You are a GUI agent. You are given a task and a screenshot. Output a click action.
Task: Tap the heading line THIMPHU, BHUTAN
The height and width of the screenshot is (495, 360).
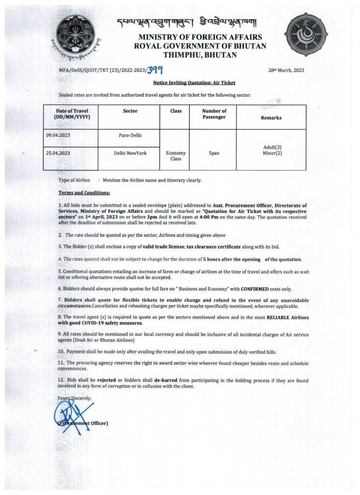click(200, 55)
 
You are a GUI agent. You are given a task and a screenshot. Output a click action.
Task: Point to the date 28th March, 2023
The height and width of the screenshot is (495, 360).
click(286, 70)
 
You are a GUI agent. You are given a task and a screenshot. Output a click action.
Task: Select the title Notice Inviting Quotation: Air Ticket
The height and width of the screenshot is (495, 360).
click(198, 83)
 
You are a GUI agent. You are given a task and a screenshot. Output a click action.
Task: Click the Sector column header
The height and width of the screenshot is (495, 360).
click(130, 111)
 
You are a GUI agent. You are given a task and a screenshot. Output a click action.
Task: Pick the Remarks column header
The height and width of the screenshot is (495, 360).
click(271, 117)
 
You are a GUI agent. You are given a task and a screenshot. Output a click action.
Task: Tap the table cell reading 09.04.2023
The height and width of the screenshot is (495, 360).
click(58, 135)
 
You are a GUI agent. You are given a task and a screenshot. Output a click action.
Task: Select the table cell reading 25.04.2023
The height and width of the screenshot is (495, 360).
click(58, 153)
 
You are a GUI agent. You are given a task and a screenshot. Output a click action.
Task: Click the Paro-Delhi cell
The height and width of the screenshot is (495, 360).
click(130, 135)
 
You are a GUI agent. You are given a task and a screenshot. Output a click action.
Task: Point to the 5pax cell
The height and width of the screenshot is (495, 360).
click(214, 153)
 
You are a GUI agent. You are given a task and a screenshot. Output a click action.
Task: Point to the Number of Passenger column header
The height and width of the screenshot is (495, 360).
click(214, 114)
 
